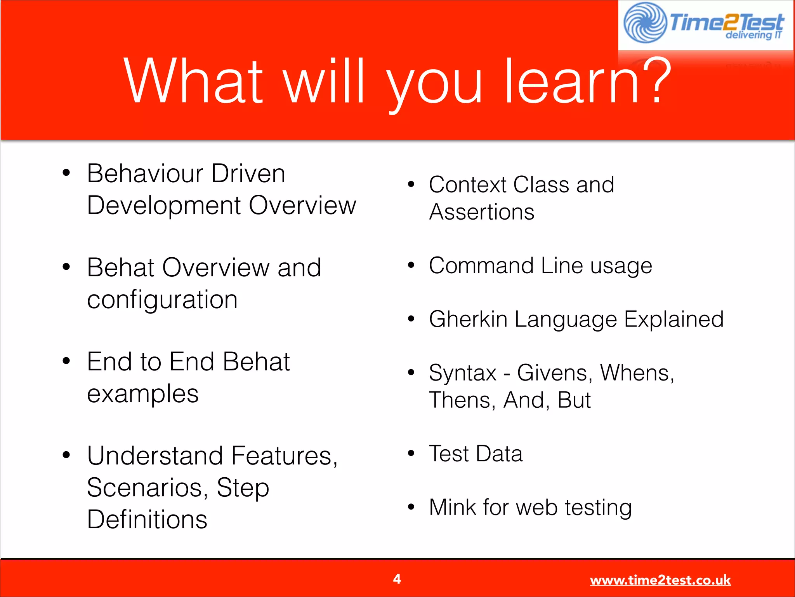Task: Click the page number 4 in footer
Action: click(397, 579)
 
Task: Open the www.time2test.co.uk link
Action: click(660, 580)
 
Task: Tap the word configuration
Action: click(162, 300)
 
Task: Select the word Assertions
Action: click(481, 212)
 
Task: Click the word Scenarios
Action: click(145, 487)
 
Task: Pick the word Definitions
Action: click(147, 520)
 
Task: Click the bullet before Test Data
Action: click(411, 453)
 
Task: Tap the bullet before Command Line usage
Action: click(411, 265)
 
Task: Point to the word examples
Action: click(143, 394)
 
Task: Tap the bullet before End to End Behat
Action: click(66, 361)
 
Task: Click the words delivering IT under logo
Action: click(753, 35)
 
